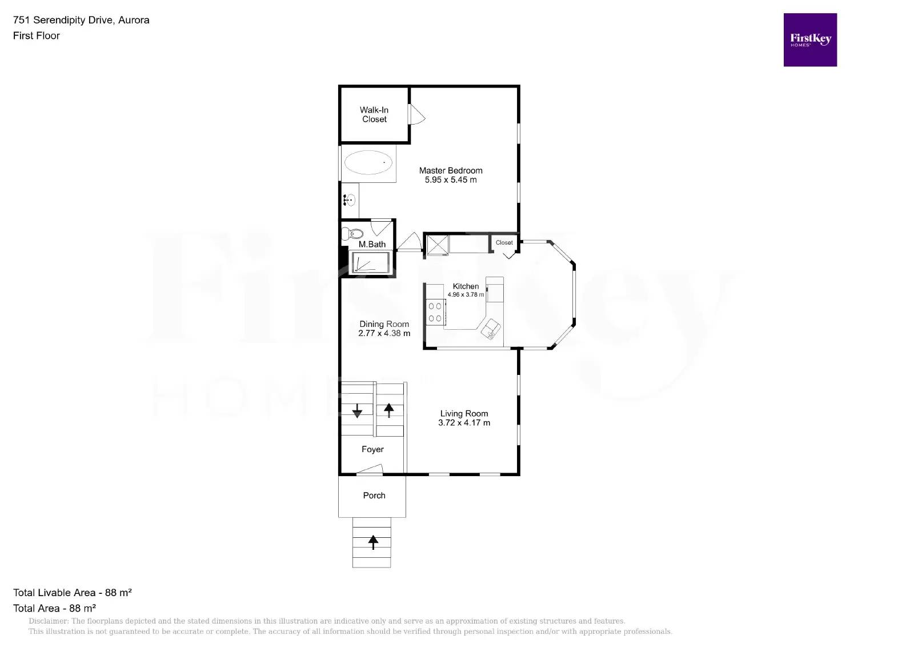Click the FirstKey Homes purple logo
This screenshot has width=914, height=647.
click(809, 40)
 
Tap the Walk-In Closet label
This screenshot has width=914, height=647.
click(374, 114)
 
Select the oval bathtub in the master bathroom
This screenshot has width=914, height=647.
click(368, 162)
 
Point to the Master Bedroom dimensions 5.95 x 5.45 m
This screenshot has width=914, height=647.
click(450, 179)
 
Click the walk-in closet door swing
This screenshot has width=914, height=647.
click(416, 114)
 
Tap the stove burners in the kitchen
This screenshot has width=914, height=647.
click(435, 313)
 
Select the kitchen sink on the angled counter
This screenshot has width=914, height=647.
click(491, 329)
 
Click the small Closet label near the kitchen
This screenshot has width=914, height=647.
click(504, 242)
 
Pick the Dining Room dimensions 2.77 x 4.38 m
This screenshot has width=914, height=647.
click(384, 333)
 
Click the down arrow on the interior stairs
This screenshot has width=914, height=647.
click(358, 410)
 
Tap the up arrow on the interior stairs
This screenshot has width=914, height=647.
click(389, 410)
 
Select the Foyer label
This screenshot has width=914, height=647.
click(372, 449)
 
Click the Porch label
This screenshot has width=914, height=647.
click(374, 496)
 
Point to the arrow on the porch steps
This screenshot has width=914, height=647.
click(373, 541)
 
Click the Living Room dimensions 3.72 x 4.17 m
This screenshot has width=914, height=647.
click(464, 423)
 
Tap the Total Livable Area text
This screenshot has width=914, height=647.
click(73, 593)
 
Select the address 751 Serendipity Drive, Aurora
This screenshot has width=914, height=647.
click(81, 20)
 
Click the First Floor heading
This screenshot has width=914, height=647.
click(37, 35)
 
